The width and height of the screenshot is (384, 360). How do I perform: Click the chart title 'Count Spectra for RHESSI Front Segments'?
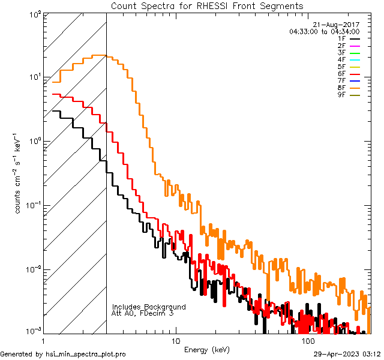point(207,6)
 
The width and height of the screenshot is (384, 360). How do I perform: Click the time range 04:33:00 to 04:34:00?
point(324,31)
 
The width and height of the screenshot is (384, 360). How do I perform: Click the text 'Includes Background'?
point(149,307)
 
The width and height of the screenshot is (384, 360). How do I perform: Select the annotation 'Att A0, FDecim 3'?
point(143,313)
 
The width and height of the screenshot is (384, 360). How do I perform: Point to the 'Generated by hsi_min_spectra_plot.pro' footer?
point(63,354)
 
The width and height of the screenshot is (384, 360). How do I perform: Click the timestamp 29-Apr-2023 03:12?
point(347,354)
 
